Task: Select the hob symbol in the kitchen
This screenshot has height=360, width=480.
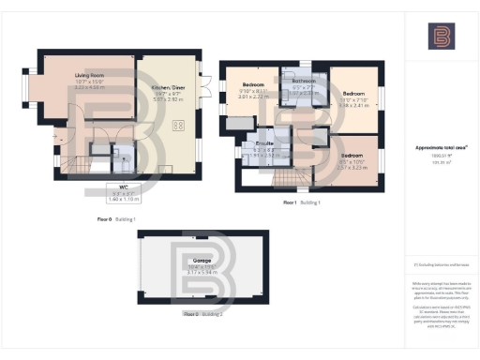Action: click(x=176, y=126)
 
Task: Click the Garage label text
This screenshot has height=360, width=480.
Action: click(x=202, y=261)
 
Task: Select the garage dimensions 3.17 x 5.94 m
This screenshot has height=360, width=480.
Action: click(x=202, y=273)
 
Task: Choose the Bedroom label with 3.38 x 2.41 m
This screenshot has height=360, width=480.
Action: click(x=353, y=94)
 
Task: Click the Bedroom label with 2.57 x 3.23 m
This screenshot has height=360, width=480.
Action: click(x=352, y=155)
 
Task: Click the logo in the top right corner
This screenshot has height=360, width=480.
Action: click(x=441, y=37)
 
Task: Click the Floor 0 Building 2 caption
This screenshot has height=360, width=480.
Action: click(x=203, y=313)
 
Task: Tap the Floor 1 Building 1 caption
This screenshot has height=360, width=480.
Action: click(x=302, y=202)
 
